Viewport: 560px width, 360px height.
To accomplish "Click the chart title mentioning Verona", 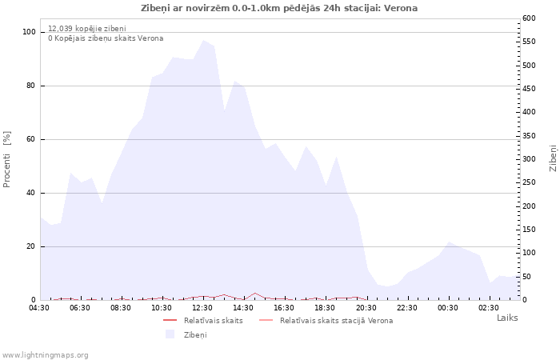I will click(279, 8).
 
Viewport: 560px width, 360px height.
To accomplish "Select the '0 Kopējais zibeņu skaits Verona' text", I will click(106, 38).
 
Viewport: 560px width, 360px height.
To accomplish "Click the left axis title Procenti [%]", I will click(7, 159).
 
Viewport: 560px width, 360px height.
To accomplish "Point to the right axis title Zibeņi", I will click(553, 158).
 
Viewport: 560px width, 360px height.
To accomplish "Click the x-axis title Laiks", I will click(507, 318).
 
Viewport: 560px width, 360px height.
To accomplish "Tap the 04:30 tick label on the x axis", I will click(39, 307).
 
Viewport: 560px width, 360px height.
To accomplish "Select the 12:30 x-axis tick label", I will click(202, 307).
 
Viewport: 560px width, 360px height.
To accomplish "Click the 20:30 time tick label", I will click(366, 307).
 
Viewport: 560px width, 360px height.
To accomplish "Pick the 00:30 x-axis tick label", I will click(447, 307).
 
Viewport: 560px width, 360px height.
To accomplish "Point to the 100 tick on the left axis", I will click(29, 32).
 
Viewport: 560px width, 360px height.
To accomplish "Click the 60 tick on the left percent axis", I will click(31, 139).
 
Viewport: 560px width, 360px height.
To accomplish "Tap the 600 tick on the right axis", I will click(530, 18).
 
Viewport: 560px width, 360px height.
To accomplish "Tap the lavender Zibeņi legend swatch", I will click(170, 334).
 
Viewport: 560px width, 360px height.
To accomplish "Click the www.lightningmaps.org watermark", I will click(45, 355).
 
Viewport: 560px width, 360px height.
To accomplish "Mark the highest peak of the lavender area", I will click(203, 40).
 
